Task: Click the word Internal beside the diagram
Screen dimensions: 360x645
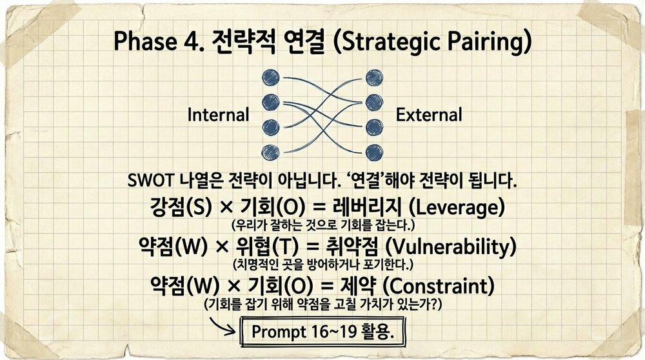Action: [218, 115]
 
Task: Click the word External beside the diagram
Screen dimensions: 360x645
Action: [429, 115]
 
